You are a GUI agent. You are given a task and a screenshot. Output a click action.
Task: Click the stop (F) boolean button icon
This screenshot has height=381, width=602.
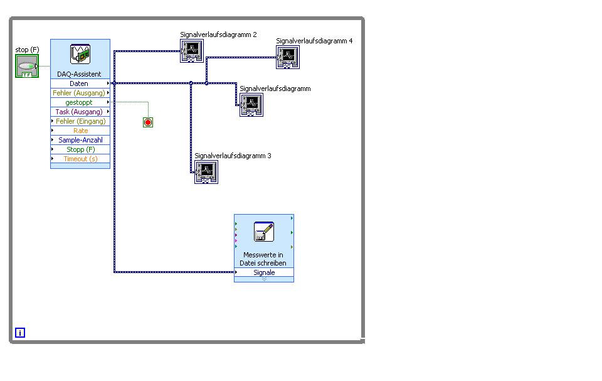point(27,66)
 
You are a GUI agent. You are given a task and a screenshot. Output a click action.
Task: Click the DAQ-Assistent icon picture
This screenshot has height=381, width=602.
point(80,54)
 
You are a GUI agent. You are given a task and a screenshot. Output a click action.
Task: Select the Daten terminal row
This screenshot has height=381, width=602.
point(80,83)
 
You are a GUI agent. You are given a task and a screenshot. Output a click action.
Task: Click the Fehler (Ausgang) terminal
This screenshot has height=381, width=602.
point(80,93)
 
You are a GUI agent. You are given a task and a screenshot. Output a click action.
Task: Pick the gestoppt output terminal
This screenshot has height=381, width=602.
point(80,102)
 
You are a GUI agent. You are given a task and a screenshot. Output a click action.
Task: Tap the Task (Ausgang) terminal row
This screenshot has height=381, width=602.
point(80,112)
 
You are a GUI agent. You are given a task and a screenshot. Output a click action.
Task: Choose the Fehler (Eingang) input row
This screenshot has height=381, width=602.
point(80,121)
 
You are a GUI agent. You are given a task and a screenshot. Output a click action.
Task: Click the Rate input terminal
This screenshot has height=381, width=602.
point(80,131)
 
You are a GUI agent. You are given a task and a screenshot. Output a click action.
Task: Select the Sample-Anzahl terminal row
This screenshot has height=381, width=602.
point(80,140)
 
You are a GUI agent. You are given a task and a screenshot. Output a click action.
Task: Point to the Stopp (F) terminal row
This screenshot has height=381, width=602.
point(80,149)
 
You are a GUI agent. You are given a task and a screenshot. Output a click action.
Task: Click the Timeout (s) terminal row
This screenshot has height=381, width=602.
point(80,159)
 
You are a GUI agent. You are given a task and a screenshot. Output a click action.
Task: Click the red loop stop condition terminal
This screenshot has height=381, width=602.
point(148,122)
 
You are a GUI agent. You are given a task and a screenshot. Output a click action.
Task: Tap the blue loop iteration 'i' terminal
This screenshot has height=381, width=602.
point(20,333)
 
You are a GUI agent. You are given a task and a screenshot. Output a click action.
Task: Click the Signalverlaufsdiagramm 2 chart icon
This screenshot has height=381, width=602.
point(192,51)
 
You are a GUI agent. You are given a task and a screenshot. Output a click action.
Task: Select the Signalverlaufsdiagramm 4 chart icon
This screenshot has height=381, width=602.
point(288,57)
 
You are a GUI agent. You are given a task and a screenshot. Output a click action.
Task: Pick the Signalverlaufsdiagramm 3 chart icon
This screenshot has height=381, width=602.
point(206,172)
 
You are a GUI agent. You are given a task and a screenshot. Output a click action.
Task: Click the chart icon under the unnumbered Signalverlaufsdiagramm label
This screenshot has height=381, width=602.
point(251,105)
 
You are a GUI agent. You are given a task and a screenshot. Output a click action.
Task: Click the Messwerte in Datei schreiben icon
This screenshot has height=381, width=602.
point(264,232)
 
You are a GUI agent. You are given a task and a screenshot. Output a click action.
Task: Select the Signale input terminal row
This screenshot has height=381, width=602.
point(264,272)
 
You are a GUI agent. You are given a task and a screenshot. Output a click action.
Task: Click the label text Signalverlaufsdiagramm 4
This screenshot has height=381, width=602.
point(314,41)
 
